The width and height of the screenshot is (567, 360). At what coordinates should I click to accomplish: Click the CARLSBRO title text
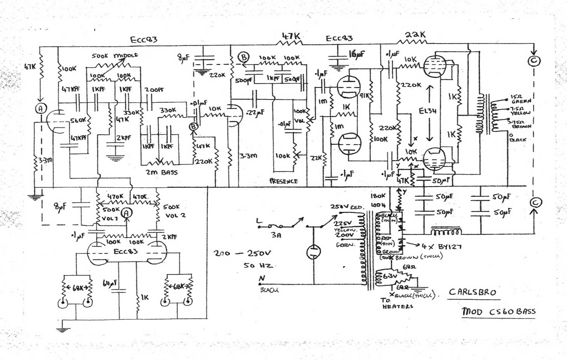pos(472,292)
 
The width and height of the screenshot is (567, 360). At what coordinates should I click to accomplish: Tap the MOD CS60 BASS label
pos(498,312)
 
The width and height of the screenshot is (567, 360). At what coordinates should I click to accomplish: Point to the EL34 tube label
pos(428,111)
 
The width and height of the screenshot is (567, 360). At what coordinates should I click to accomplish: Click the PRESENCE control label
pos(283,181)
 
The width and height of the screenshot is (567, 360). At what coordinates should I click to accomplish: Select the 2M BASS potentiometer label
pos(161,173)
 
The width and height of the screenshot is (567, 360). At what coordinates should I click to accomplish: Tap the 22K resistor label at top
pos(415,35)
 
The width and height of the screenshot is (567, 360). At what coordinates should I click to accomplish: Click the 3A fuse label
pos(276,235)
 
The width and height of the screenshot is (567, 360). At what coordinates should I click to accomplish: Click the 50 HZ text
pos(258,265)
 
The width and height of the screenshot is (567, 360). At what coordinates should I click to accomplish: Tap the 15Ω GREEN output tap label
pos(521,99)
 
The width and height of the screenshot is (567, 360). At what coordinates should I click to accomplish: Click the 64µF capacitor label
pos(110,283)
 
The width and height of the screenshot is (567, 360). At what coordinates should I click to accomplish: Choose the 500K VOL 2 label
pos(172,211)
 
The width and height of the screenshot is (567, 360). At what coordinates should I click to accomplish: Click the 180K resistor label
pos(378,196)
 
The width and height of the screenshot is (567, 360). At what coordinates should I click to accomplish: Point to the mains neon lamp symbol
pos(313,252)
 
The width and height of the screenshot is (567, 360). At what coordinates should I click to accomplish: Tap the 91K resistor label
pos(364,96)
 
